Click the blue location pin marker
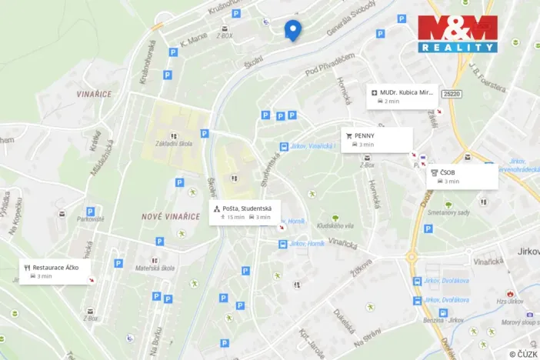(x=292, y=28)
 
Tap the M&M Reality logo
(x=458, y=34)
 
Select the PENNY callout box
(x=377, y=139)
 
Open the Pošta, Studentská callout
(x=245, y=212)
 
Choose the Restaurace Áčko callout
(x=55, y=271)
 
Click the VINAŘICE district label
(x=95, y=94)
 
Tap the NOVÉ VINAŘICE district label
(x=171, y=217)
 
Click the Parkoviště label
(x=90, y=218)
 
